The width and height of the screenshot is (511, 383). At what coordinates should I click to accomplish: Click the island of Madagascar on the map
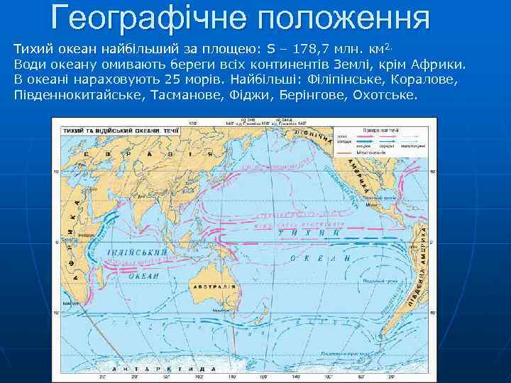tap(90, 277)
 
